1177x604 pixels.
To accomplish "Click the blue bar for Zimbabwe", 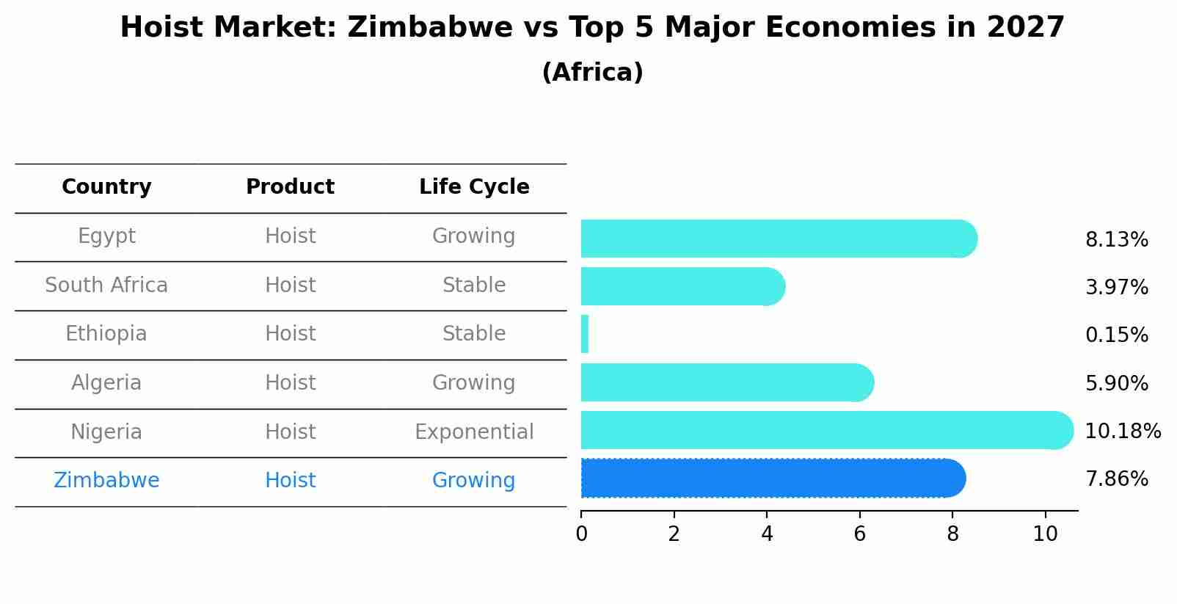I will point(770,479).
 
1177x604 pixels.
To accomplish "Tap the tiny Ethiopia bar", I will point(585,334).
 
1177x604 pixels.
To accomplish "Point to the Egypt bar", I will point(778,239).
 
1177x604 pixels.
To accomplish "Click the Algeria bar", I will point(726,382).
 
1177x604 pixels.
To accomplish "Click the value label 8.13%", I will point(1116,240).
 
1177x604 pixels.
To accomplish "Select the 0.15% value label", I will point(1116,335).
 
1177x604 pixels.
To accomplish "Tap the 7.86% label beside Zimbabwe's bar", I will point(1116,479).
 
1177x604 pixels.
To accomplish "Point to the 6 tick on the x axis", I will point(859,534).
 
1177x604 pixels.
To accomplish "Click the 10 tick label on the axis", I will point(1045,534).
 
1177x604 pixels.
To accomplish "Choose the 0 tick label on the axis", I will point(581,534).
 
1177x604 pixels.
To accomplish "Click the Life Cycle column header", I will point(474,187).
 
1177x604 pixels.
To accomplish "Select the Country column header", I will point(106,187).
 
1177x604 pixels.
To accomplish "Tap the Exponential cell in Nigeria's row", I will point(474,432).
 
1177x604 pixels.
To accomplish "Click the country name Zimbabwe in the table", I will point(106,481).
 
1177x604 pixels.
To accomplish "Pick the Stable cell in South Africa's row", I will point(474,285).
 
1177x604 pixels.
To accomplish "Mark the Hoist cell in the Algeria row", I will point(290,383).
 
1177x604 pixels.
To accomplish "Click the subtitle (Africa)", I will point(592,73).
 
